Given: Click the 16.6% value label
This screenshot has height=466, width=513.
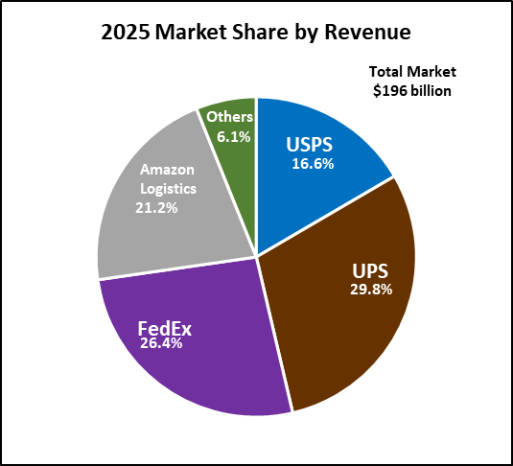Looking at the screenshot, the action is click(313, 164).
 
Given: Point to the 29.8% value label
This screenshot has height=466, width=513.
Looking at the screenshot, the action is click(371, 290).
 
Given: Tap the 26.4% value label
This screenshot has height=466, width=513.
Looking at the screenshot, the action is click(161, 343).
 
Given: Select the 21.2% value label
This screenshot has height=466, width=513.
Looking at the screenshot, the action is click(156, 208).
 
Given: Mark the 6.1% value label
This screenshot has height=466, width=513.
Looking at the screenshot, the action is click(234, 137).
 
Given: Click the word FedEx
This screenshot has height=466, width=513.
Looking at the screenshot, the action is click(165, 328).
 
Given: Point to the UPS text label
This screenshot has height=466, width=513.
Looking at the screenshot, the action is click(370, 270).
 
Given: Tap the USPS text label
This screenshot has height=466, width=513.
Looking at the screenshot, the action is click(309, 145).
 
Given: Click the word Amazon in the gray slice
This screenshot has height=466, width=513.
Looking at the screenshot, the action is click(167, 170).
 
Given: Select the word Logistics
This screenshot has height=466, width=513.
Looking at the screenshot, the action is click(168, 189).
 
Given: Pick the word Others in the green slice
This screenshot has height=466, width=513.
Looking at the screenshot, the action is click(230, 117).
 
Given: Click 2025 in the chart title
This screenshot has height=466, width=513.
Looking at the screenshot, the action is click(125, 33).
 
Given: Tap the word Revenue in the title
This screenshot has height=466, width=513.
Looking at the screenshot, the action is click(367, 33).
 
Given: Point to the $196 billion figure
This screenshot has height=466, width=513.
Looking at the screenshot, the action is click(412, 91).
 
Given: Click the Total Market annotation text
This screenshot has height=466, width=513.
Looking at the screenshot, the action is click(412, 71).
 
